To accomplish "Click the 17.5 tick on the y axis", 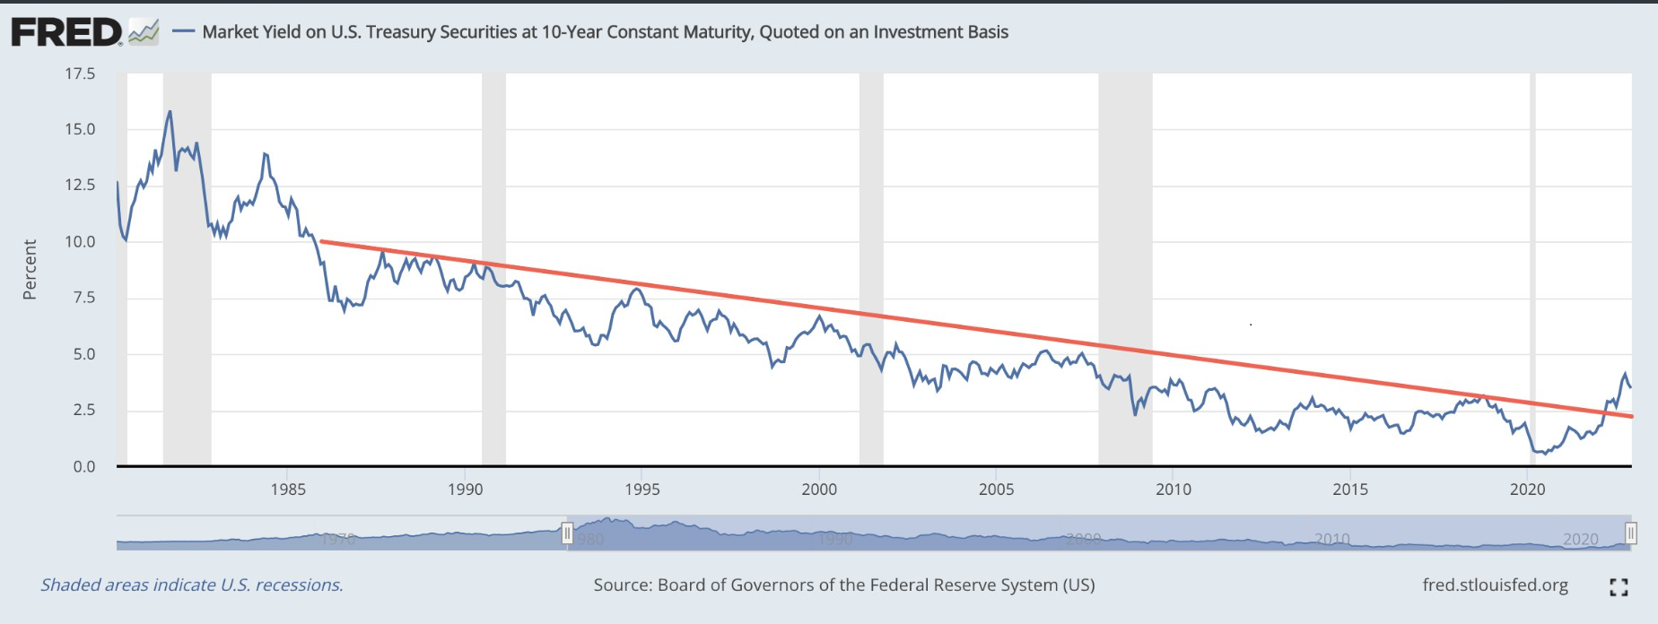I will [x=80, y=74].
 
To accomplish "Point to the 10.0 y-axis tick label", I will [x=80, y=241].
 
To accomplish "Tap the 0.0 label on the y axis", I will [x=84, y=466].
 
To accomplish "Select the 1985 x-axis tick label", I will [x=287, y=490].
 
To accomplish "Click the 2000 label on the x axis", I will [x=818, y=490].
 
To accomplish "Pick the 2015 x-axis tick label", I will [x=1350, y=490].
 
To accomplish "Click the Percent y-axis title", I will [x=30, y=269].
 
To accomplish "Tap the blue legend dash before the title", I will [x=184, y=32].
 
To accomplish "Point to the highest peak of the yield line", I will [x=170, y=112].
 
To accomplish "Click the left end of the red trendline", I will [x=321, y=241].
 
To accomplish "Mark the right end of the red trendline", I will [x=1631, y=416].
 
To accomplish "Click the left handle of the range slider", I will [x=567, y=533].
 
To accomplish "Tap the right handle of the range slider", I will [x=1630, y=533].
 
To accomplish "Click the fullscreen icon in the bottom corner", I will [x=1619, y=587].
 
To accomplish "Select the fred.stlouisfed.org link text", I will [x=1495, y=585].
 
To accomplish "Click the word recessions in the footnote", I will [x=299, y=585].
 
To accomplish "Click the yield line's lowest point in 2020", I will [x=1544, y=454].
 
